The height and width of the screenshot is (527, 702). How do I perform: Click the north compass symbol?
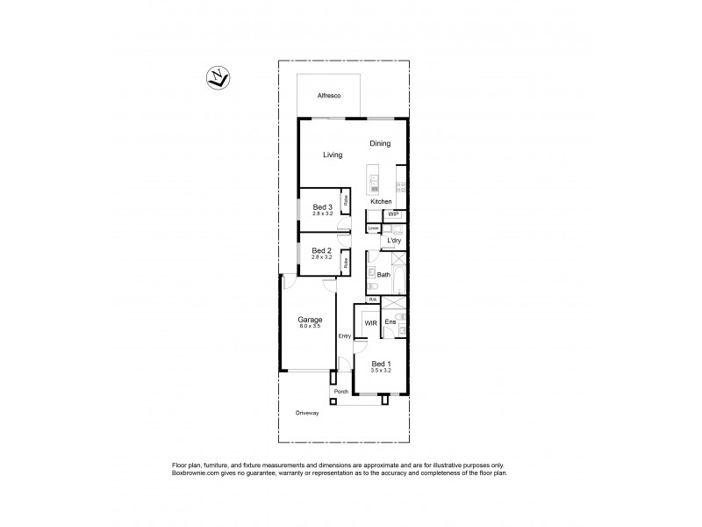(217, 77)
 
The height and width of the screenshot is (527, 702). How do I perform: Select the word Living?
(333, 155)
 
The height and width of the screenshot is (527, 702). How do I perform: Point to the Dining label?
(380, 144)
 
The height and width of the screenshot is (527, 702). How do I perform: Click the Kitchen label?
(381, 202)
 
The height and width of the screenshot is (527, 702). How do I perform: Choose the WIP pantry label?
(394, 214)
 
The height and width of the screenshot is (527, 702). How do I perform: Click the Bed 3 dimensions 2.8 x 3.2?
(323, 213)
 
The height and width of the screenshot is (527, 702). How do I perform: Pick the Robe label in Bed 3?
(346, 200)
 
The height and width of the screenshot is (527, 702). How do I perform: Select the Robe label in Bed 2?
(346, 262)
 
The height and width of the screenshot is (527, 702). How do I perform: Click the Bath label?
(383, 275)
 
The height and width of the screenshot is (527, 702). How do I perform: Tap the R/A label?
(372, 300)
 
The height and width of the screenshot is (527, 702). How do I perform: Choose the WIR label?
(371, 323)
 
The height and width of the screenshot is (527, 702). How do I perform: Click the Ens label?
(390, 322)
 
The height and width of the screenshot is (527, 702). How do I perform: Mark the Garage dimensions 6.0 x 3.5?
(310, 326)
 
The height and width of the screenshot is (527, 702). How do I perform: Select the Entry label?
(345, 336)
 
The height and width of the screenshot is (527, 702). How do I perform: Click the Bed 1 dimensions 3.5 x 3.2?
(380, 371)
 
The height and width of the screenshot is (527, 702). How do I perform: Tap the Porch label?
(341, 392)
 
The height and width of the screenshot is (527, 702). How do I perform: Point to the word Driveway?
(307, 413)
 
